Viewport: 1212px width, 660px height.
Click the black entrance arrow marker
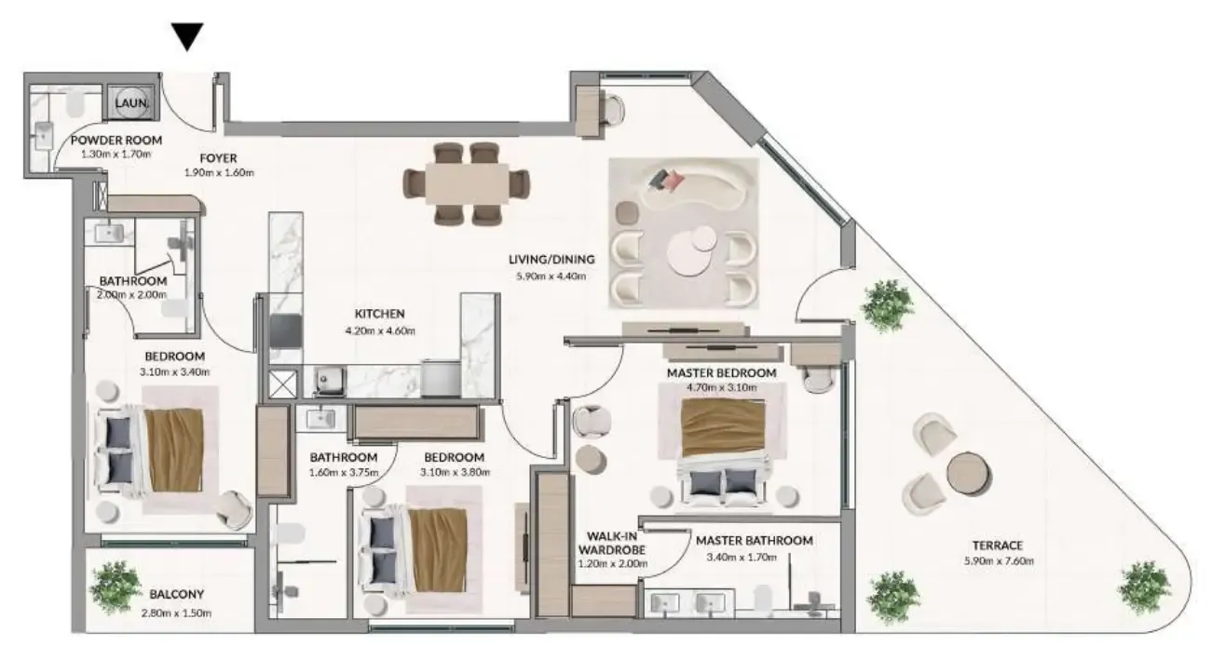(187, 36)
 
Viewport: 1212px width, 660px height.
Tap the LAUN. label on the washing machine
(131, 102)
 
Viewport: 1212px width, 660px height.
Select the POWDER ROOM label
(116, 141)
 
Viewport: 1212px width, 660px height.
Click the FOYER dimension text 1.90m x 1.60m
(219, 173)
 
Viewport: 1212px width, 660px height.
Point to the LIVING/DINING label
(552, 260)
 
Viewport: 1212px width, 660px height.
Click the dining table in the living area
(467, 183)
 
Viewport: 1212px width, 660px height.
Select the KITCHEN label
(380, 314)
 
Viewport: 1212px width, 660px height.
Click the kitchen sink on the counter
(330, 380)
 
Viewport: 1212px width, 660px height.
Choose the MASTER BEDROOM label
(721, 373)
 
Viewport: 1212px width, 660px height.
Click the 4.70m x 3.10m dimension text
(722, 387)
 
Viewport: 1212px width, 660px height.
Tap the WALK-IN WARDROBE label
(612, 543)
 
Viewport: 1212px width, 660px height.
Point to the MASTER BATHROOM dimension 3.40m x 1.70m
(742, 558)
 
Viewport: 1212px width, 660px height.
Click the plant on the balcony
(116, 588)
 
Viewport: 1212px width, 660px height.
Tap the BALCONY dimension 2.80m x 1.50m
(176, 613)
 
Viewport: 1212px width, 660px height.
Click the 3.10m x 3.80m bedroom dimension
(455, 473)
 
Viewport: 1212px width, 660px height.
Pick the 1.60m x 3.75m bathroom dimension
(344, 473)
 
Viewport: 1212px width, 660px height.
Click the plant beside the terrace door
(887, 306)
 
